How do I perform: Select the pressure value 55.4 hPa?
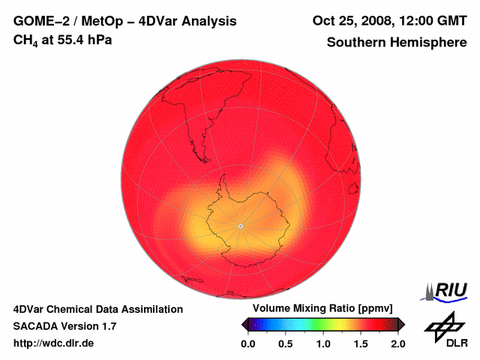tap(85, 39)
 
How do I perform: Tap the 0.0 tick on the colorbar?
tap(248, 343)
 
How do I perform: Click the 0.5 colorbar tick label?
tap(286, 343)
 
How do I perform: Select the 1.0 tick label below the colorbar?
tap(323, 343)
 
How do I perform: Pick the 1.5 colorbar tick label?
tap(361, 343)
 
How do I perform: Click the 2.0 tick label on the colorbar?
tap(397, 343)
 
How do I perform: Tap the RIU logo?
tap(447, 290)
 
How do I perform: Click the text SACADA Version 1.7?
tap(64, 326)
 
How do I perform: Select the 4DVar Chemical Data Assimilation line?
tap(98, 309)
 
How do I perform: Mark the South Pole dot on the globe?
tap(240, 226)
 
